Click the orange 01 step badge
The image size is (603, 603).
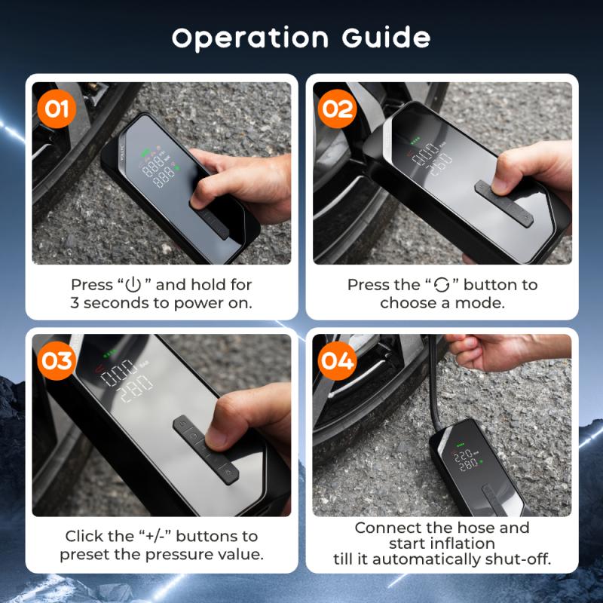click(x=57, y=109)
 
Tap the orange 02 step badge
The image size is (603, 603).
click(x=337, y=109)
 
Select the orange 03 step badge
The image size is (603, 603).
click(x=57, y=361)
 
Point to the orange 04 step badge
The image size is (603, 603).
click(x=337, y=361)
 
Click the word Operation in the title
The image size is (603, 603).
click(x=250, y=38)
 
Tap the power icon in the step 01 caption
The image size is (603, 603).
click(x=133, y=285)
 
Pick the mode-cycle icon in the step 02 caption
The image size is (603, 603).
click(x=442, y=285)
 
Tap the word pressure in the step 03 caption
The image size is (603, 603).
click(x=174, y=555)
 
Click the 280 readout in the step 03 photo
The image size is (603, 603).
click(x=136, y=388)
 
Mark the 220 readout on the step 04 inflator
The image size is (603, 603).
click(x=463, y=456)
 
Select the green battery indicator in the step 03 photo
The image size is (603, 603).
click(x=111, y=352)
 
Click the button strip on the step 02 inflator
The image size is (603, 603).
click(x=504, y=204)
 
